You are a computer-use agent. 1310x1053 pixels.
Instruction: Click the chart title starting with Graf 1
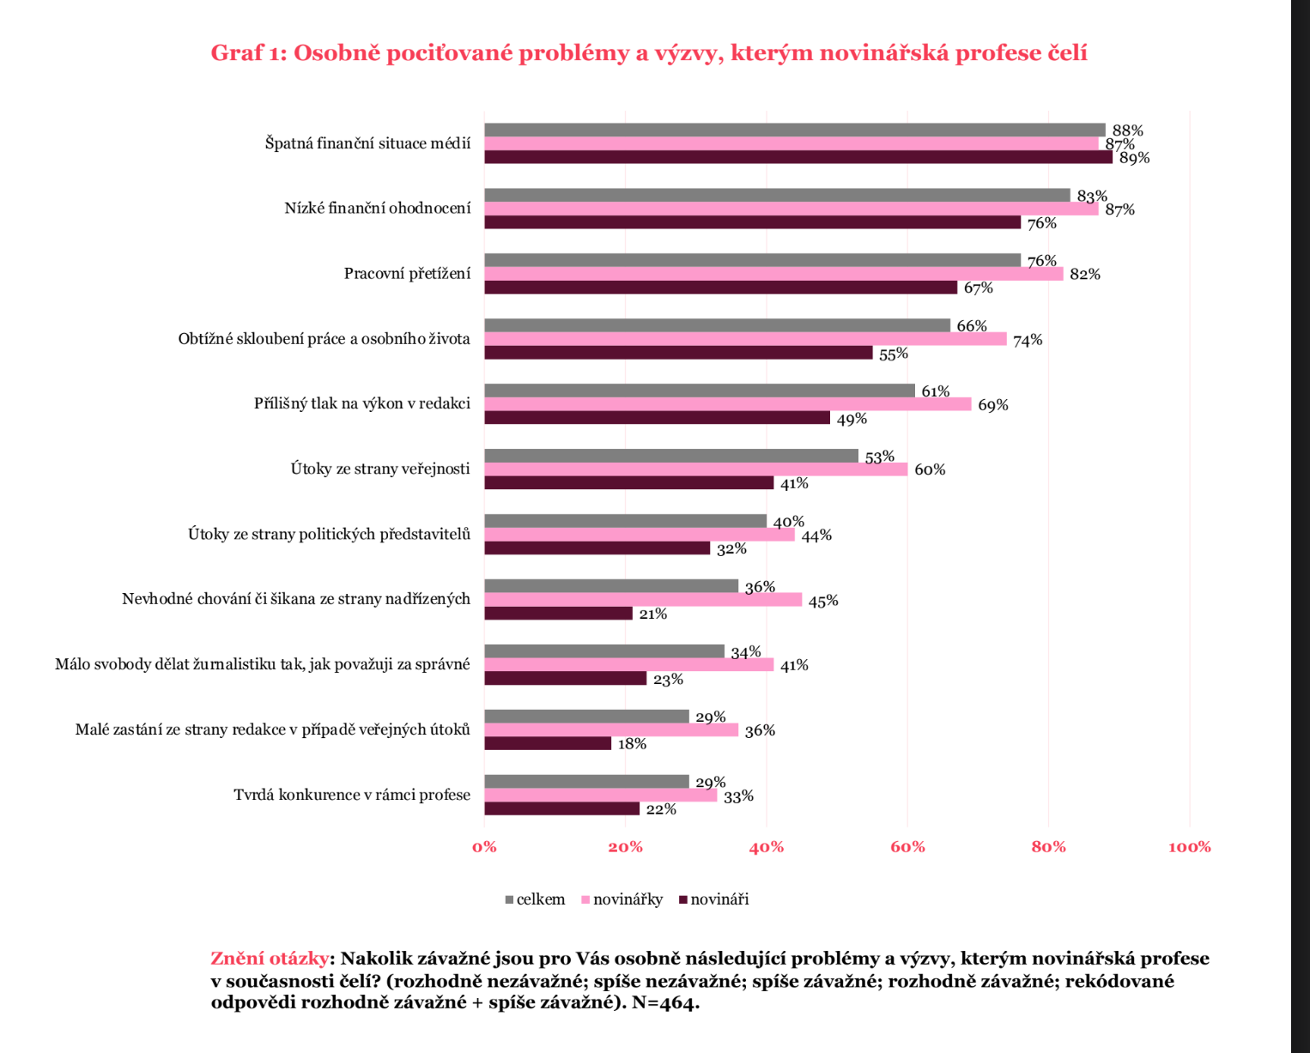[649, 53]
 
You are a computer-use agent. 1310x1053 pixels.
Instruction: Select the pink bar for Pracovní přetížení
[773, 274]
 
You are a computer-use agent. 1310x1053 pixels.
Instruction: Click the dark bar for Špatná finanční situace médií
[798, 157]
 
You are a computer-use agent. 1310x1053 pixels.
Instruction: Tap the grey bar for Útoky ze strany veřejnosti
[670, 456]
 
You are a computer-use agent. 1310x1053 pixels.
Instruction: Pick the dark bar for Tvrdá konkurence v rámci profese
[561, 808]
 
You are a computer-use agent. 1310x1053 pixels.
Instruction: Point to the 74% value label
[1028, 340]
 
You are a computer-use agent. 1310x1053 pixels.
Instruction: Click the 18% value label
[632, 744]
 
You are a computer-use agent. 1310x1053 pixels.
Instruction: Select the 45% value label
[822, 601]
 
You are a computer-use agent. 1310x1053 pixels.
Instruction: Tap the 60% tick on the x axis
[907, 847]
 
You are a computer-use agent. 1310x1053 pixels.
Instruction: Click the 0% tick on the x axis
[484, 847]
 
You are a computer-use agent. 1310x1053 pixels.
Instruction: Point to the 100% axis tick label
[1189, 847]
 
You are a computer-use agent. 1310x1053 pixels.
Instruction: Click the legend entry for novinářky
[622, 899]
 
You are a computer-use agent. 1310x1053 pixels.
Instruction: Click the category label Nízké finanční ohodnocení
[378, 208]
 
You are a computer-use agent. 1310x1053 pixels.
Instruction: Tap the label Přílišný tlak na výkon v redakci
[362, 403]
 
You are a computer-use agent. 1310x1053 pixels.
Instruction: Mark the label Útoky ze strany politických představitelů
[329, 534]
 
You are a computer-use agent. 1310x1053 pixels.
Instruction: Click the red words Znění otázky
[269, 958]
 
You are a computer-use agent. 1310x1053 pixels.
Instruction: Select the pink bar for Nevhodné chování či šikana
[642, 600]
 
